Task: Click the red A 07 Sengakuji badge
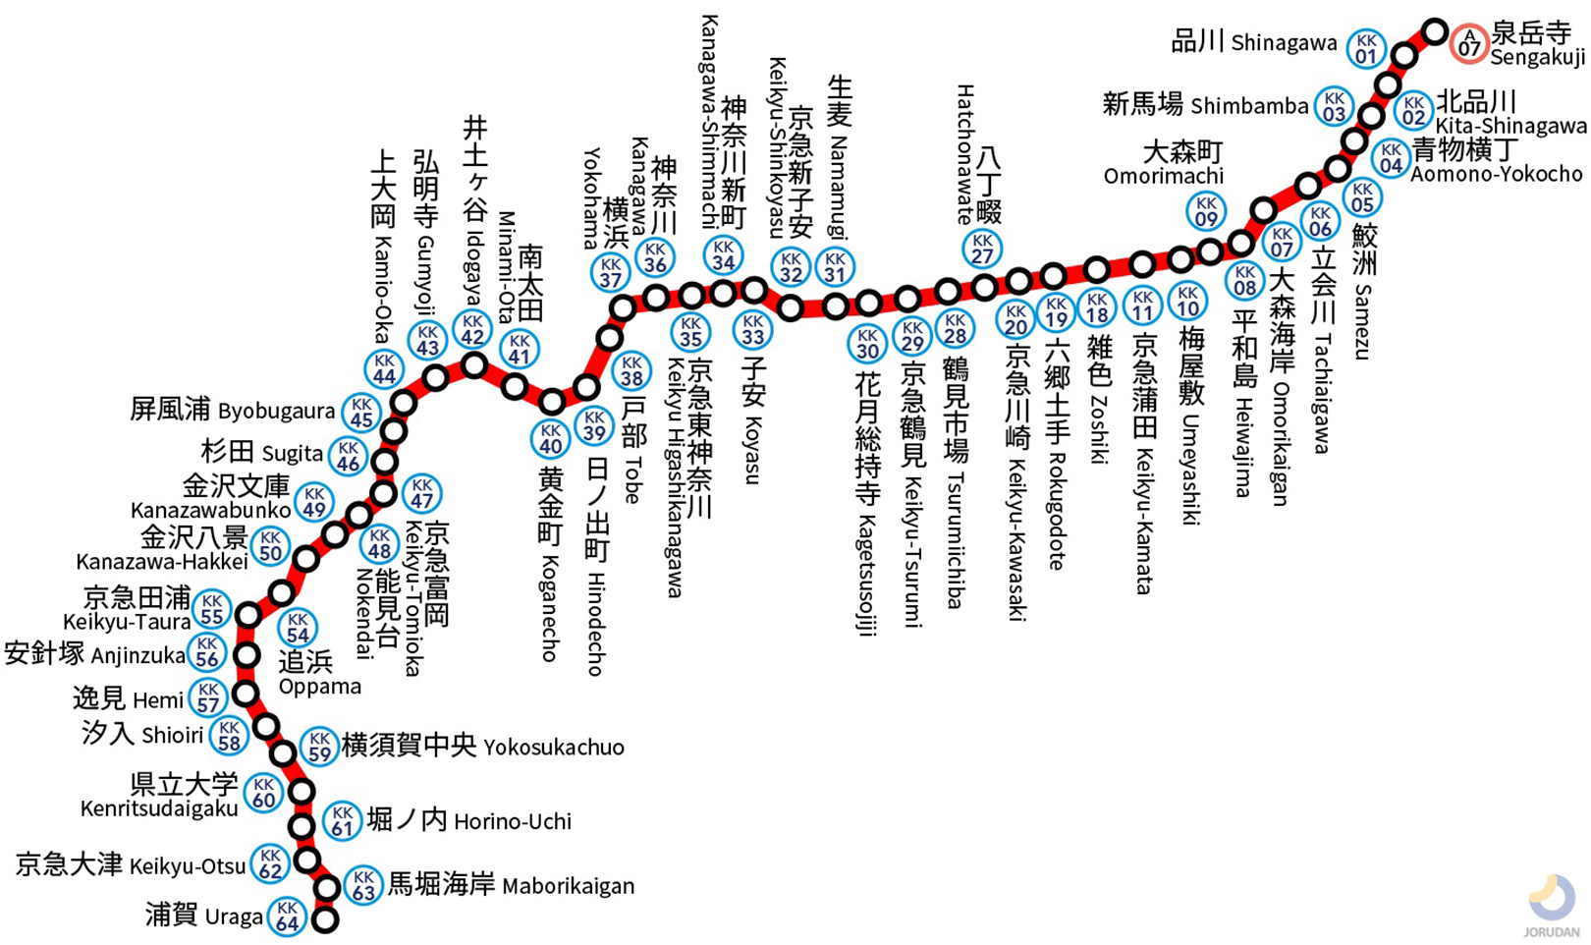pos(1469,43)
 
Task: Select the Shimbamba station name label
pos(1206,104)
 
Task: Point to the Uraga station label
pos(204,916)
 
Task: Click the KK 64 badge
pos(287,917)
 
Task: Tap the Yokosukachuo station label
pos(482,747)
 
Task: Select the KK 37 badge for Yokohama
pos(610,272)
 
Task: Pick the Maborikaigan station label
pos(511,885)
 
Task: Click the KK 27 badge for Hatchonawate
pos(982,249)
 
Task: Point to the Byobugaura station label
pos(233,410)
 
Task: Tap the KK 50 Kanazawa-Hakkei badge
pos(270,546)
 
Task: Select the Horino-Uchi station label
pos(468,820)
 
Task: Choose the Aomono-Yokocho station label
pos(1496,162)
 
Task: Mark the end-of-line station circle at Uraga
pos(325,920)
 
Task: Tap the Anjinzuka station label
pos(95,654)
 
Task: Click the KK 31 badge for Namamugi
pos(835,266)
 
